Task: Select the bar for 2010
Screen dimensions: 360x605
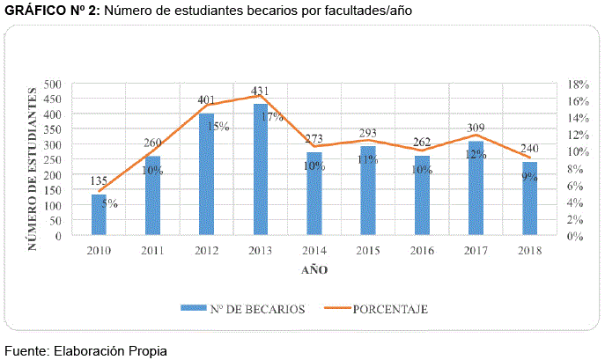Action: (100, 215)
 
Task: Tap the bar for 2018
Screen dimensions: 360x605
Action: (529, 199)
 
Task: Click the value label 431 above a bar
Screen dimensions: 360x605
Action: (261, 91)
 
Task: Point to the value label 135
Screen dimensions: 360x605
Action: (100, 181)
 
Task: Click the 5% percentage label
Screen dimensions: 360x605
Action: (110, 204)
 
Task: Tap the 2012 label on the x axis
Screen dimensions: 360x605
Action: (207, 251)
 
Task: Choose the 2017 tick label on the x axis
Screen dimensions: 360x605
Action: (476, 251)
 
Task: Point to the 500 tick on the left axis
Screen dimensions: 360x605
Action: (53, 84)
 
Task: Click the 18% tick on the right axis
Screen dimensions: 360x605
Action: (578, 84)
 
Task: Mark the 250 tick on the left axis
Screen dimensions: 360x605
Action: (53, 160)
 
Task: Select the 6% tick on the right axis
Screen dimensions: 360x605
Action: (575, 186)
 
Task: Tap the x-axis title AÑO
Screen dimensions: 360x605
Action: (314, 270)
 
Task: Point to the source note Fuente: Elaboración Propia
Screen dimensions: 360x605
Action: (85, 350)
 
